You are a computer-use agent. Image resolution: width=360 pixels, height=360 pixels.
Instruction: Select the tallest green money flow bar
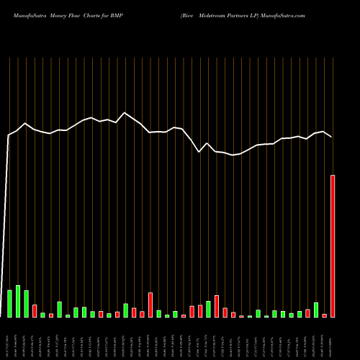[x=18, y=302]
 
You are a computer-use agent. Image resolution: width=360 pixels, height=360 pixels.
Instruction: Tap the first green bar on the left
[x=10, y=304]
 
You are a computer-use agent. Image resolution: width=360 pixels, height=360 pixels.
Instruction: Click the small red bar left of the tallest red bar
[x=325, y=315]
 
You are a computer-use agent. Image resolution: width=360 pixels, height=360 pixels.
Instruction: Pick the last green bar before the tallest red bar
[x=316, y=310]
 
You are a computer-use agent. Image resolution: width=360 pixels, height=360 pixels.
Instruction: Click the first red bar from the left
[x=35, y=311]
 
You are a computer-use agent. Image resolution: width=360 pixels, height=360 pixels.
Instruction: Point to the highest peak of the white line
[x=125, y=113]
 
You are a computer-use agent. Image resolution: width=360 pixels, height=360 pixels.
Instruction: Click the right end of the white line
[x=332, y=137]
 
